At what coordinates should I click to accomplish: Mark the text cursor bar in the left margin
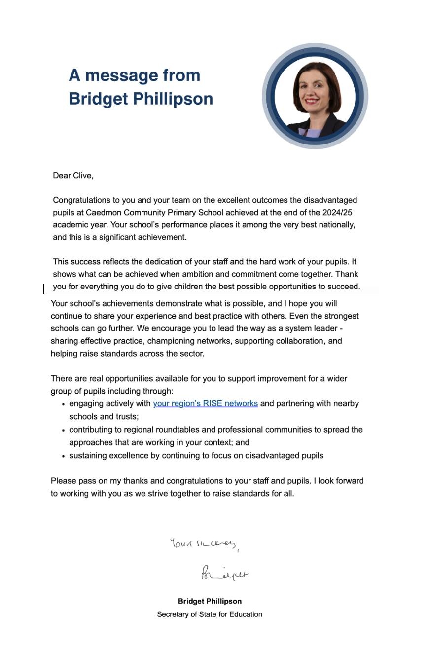(x=44, y=289)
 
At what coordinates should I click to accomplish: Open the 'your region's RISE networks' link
(x=205, y=404)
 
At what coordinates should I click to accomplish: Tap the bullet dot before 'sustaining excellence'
(x=64, y=456)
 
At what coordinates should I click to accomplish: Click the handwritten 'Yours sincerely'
(x=204, y=544)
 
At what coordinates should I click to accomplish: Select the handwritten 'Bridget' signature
(x=224, y=574)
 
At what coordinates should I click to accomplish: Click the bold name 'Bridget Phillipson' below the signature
(x=210, y=602)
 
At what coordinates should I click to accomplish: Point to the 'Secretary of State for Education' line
(x=210, y=614)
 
